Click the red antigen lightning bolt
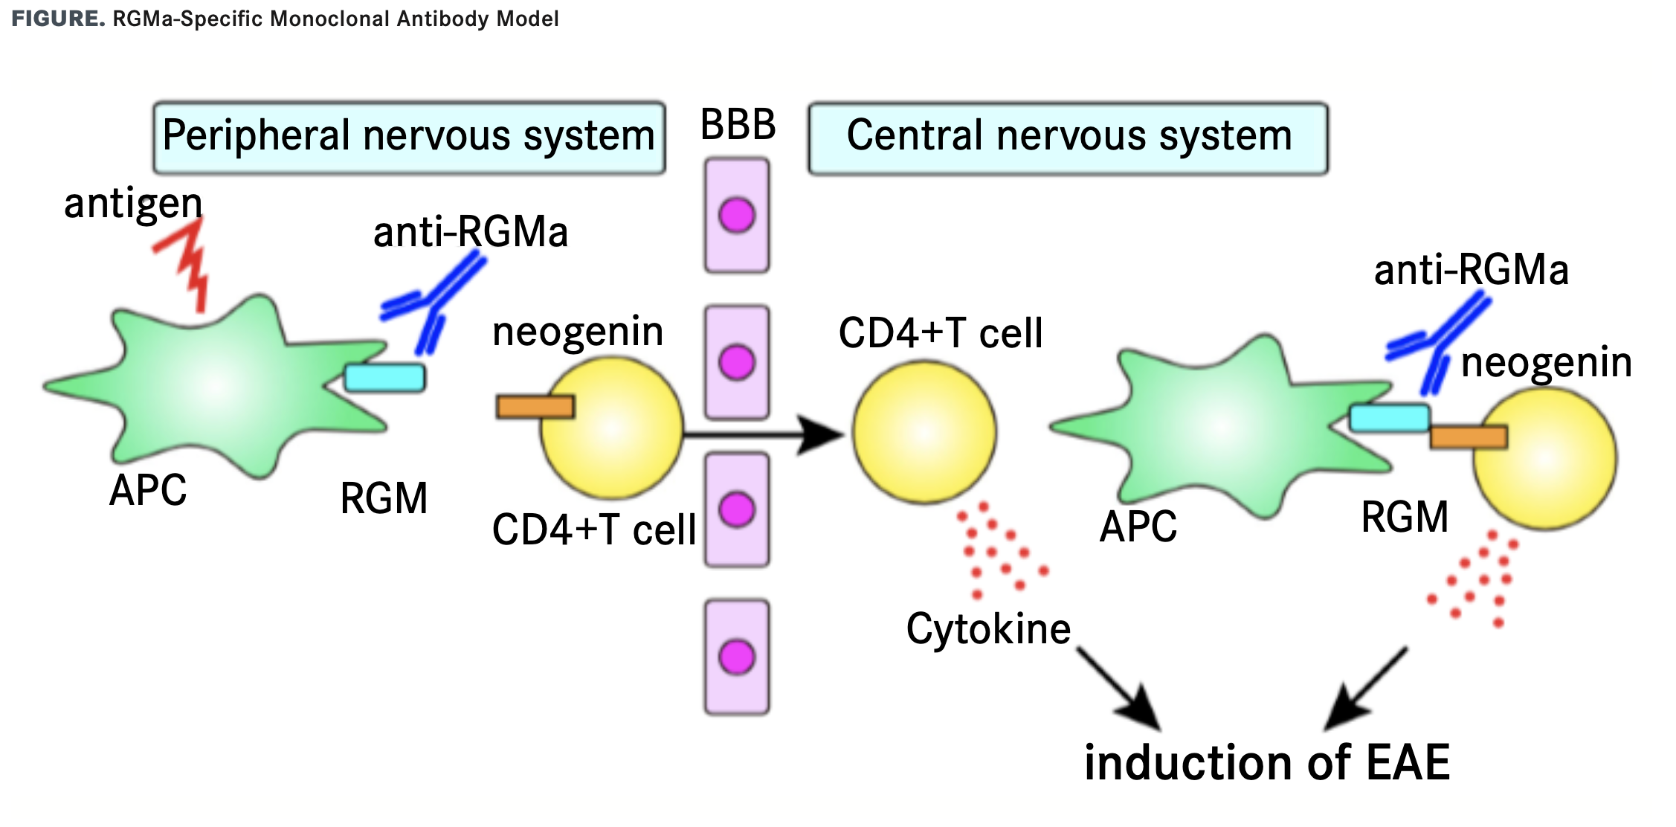point(187,264)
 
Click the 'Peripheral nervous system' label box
point(408,138)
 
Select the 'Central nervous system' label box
point(1068,138)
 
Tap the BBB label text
point(738,125)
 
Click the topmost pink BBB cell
point(737,216)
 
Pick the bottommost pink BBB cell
point(737,657)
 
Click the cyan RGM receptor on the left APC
point(384,378)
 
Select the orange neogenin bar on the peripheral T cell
point(535,407)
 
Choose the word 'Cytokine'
point(987,629)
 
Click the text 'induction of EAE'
point(1267,763)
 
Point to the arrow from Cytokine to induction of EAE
point(1118,689)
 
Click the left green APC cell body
point(216,383)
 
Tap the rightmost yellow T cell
point(1545,460)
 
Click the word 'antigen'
point(133,203)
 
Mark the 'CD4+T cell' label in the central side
point(940,333)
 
